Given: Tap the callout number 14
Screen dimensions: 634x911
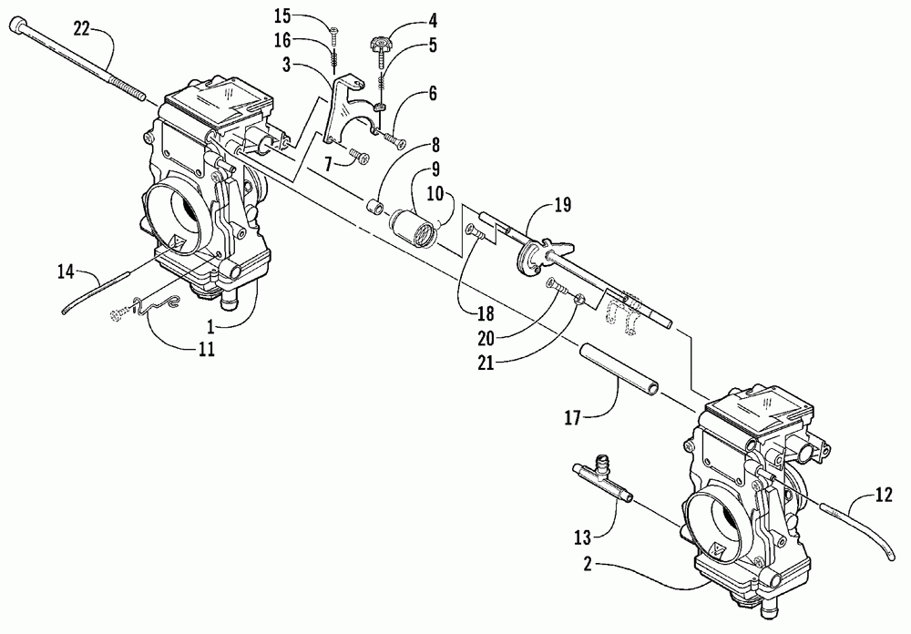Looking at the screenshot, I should point(65,271).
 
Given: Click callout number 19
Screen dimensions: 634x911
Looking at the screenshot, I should point(562,204).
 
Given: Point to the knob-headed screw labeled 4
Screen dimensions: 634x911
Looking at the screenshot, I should point(380,41).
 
